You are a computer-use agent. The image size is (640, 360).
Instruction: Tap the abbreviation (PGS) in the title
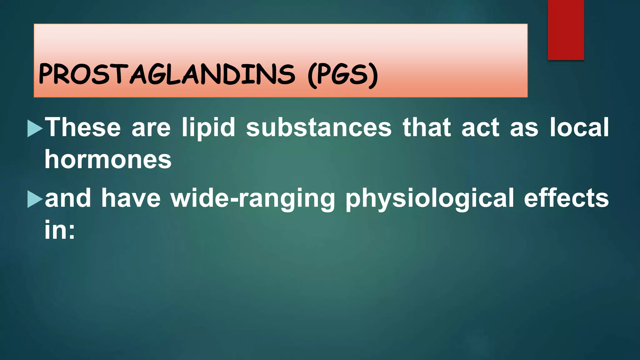point(343,75)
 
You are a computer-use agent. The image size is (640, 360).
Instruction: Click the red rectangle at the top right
point(566,30)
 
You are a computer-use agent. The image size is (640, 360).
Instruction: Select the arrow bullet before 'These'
point(35,128)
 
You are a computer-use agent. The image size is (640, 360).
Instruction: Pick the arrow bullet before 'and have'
point(35,199)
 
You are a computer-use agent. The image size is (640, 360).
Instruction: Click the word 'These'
point(83,127)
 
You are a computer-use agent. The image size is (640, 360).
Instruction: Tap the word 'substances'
point(319,127)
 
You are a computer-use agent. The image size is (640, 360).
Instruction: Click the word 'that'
point(427,127)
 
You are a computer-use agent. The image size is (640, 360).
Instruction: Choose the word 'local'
point(579,127)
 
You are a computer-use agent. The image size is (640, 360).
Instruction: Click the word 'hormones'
point(108,159)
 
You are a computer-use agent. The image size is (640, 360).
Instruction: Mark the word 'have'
point(131,198)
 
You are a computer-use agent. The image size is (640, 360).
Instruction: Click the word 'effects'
point(566,198)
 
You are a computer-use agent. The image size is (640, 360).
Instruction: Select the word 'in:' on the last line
point(60,230)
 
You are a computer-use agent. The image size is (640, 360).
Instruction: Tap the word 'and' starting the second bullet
point(68,198)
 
